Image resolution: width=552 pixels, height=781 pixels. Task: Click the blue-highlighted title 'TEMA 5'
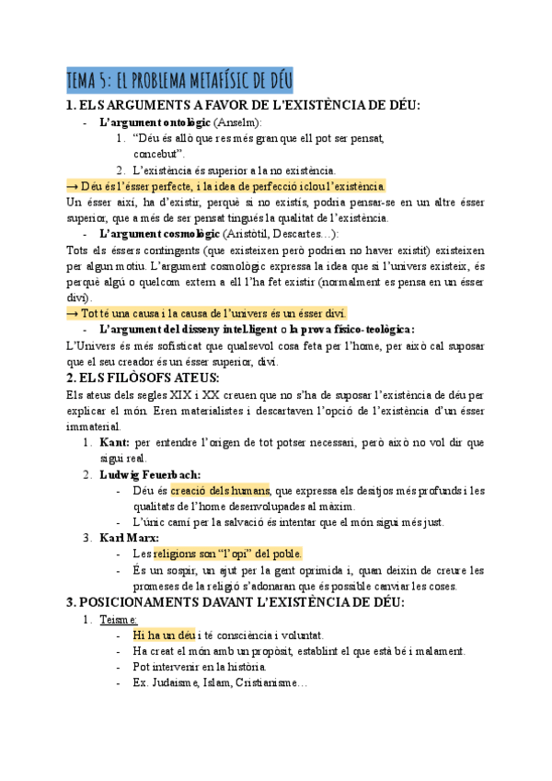pyautogui.click(x=179, y=81)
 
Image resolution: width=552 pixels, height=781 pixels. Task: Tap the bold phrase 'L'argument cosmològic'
pyautogui.click(x=158, y=234)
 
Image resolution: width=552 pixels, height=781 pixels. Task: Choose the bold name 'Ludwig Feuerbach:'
pyautogui.click(x=149, y=474)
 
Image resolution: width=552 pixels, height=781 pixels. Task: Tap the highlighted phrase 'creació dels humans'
pyautogui.click(x=220, y=490)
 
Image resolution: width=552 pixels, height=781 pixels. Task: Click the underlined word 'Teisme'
pyautogui.click(x=119, y=619)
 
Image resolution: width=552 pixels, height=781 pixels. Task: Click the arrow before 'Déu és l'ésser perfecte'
pyautogui.click(x=73, y=185)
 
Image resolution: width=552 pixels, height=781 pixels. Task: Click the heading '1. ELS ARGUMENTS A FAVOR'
pyautogui.click(x=244, y=105)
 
